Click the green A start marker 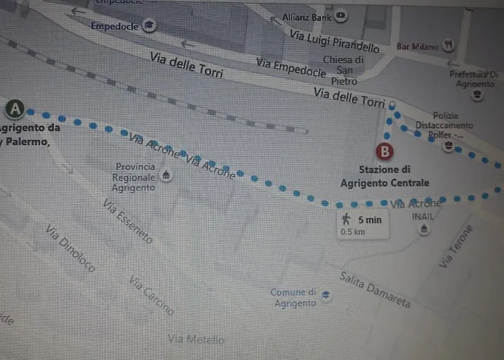point(15,109)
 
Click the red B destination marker point(386,152)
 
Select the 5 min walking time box point(364,223)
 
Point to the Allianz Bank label point(307,15)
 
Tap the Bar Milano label point(418,47)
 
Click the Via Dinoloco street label point(70,248)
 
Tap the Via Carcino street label point(152,295)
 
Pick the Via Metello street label point(196,338)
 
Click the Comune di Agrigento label point(294,297)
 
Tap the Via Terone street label point(456,247)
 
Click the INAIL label point(423,216)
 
